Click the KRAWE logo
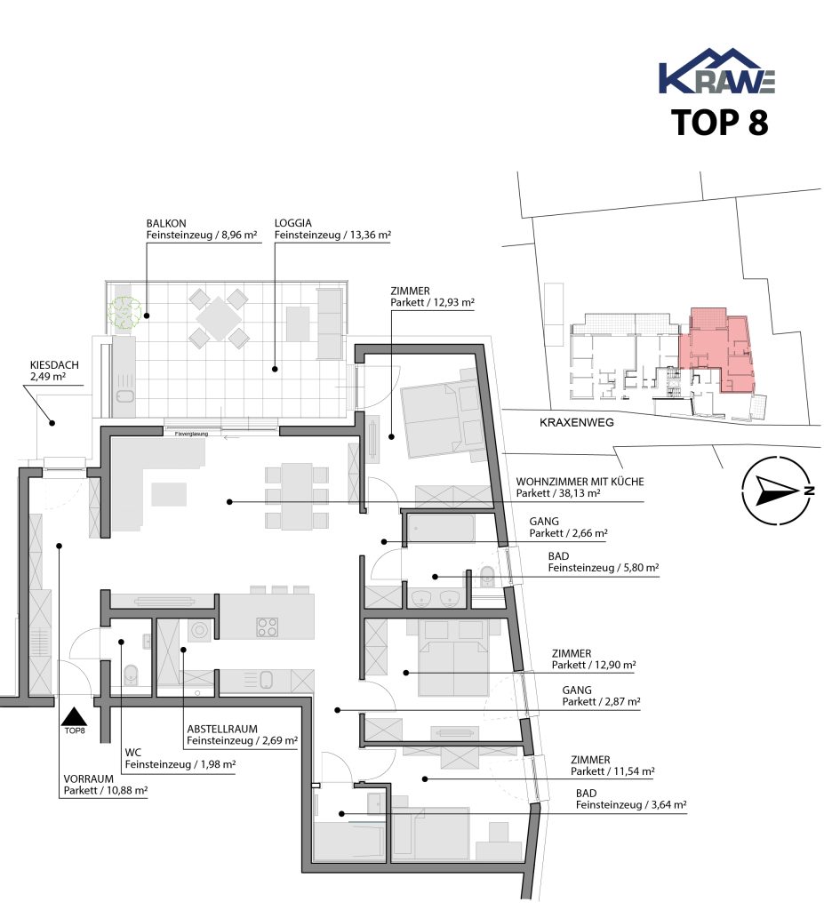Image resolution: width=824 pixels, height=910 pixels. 716,71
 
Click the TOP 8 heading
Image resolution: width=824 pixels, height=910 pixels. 719,123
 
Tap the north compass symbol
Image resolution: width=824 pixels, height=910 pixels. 776,490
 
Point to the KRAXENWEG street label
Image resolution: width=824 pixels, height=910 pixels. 577,422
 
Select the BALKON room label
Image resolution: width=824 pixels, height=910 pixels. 166,223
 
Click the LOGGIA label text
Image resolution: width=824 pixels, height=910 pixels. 293,223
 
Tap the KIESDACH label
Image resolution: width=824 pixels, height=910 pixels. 54,365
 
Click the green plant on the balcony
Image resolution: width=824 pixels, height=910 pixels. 124,313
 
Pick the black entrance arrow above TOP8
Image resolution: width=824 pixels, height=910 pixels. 74,716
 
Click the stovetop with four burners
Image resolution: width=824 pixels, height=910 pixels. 268,627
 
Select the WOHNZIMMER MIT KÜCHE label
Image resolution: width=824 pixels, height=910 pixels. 580,482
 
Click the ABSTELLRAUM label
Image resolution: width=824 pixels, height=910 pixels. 222,729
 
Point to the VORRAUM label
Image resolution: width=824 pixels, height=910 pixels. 88,778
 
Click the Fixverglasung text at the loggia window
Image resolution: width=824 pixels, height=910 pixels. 191,434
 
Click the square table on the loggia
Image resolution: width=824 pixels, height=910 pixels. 219,318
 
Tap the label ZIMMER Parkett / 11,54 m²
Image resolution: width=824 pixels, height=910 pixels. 612,765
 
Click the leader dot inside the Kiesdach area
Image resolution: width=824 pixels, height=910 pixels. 52,423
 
